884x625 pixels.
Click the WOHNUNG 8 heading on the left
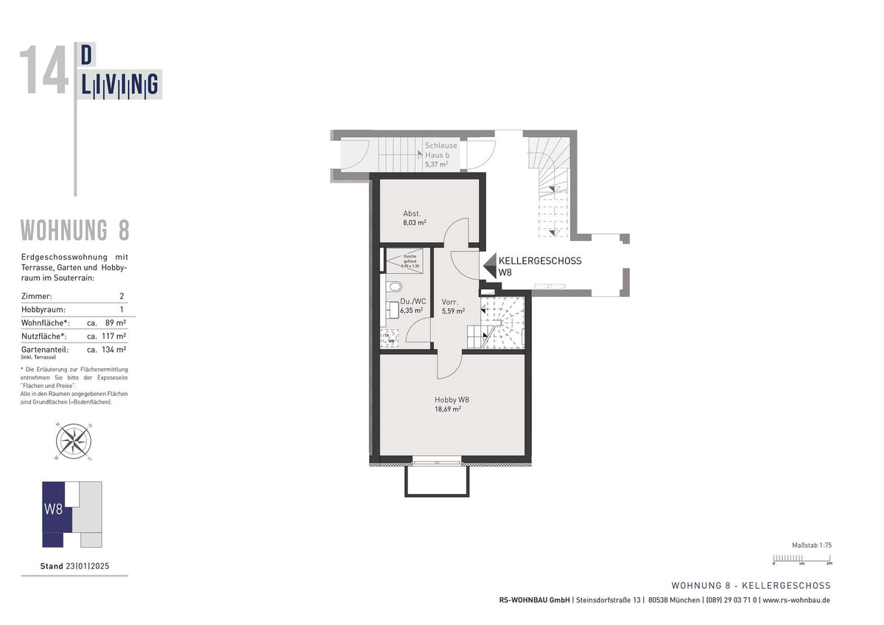[x=74, y=230]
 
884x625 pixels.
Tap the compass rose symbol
[x=74, y=441]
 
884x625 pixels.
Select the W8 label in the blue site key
[x=53, y=509]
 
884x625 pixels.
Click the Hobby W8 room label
[x=452, y=400]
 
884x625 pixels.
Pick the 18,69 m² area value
[x=448, y=409]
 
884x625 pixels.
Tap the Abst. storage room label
[x=411, y=213]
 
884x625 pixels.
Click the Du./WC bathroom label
[x=413, y=301]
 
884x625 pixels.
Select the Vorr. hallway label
[x=450, y=302]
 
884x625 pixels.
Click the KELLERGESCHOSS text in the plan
[x=540, y=261]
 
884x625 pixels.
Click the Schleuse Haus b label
[x=441, y=149]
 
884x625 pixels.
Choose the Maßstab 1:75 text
[x=811, y=545]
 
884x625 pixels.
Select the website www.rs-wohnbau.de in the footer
[x=796, y=600]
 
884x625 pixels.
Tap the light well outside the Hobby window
[x=436, y=480]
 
